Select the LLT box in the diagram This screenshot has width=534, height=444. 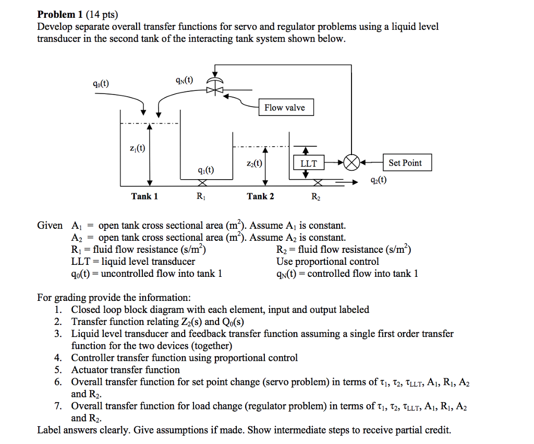309,163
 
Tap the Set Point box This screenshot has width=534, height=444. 405,162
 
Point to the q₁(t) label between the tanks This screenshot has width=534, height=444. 206,170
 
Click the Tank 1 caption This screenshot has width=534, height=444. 144,196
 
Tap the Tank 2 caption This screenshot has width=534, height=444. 260,196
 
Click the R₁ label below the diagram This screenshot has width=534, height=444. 201,197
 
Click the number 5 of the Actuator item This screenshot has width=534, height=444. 58,370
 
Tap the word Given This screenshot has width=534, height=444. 50,226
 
